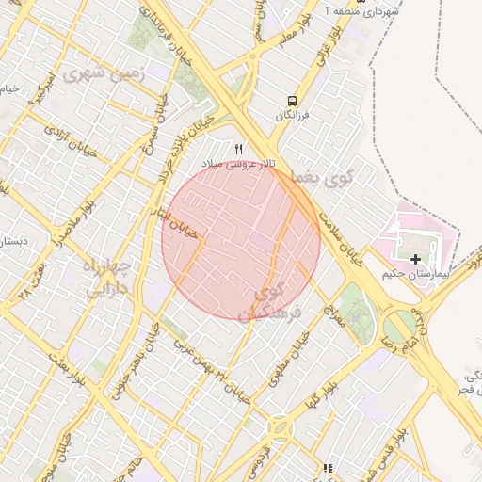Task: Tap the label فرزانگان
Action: (293, 115)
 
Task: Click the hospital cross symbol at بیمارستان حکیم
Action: (415, 258)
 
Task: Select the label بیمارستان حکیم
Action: (411, 274)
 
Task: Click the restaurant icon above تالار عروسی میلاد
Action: (238, 149)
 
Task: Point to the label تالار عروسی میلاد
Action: (240, 164)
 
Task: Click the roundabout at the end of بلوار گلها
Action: (281, 429)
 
